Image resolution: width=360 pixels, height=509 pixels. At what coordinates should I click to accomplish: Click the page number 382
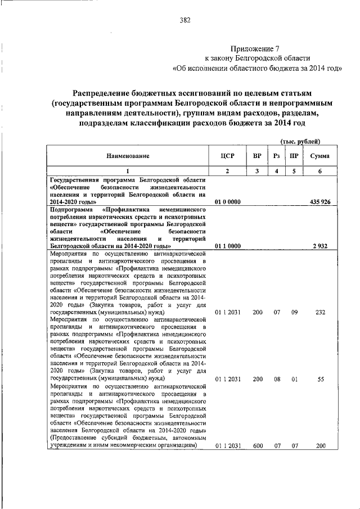coord(185,21)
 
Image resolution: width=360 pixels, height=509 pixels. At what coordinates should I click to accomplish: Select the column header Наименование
coord(127,155)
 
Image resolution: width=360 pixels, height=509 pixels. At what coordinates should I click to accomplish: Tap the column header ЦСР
coord(227,155)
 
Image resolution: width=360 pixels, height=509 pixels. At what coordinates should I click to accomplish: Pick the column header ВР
coord(257,155)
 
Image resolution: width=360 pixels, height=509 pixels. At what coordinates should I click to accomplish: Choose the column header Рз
coord(276,155)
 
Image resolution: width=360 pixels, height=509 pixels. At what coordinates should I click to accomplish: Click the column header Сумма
coord(319,155)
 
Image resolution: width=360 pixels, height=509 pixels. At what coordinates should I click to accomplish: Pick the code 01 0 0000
coord(228,201)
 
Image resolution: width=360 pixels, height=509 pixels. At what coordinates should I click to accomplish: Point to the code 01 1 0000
coord(228,246)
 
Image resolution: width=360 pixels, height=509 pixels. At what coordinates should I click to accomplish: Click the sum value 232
coord(320,312)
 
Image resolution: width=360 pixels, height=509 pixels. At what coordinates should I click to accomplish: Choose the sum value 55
coord(321,379)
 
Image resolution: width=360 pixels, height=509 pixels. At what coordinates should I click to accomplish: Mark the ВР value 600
coord(257,445)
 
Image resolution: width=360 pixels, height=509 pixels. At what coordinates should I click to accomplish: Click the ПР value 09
coord(294,312)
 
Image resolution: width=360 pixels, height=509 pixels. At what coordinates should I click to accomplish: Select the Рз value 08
coord(276,379)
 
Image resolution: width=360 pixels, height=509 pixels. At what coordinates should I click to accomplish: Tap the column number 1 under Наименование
coord(127,171)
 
